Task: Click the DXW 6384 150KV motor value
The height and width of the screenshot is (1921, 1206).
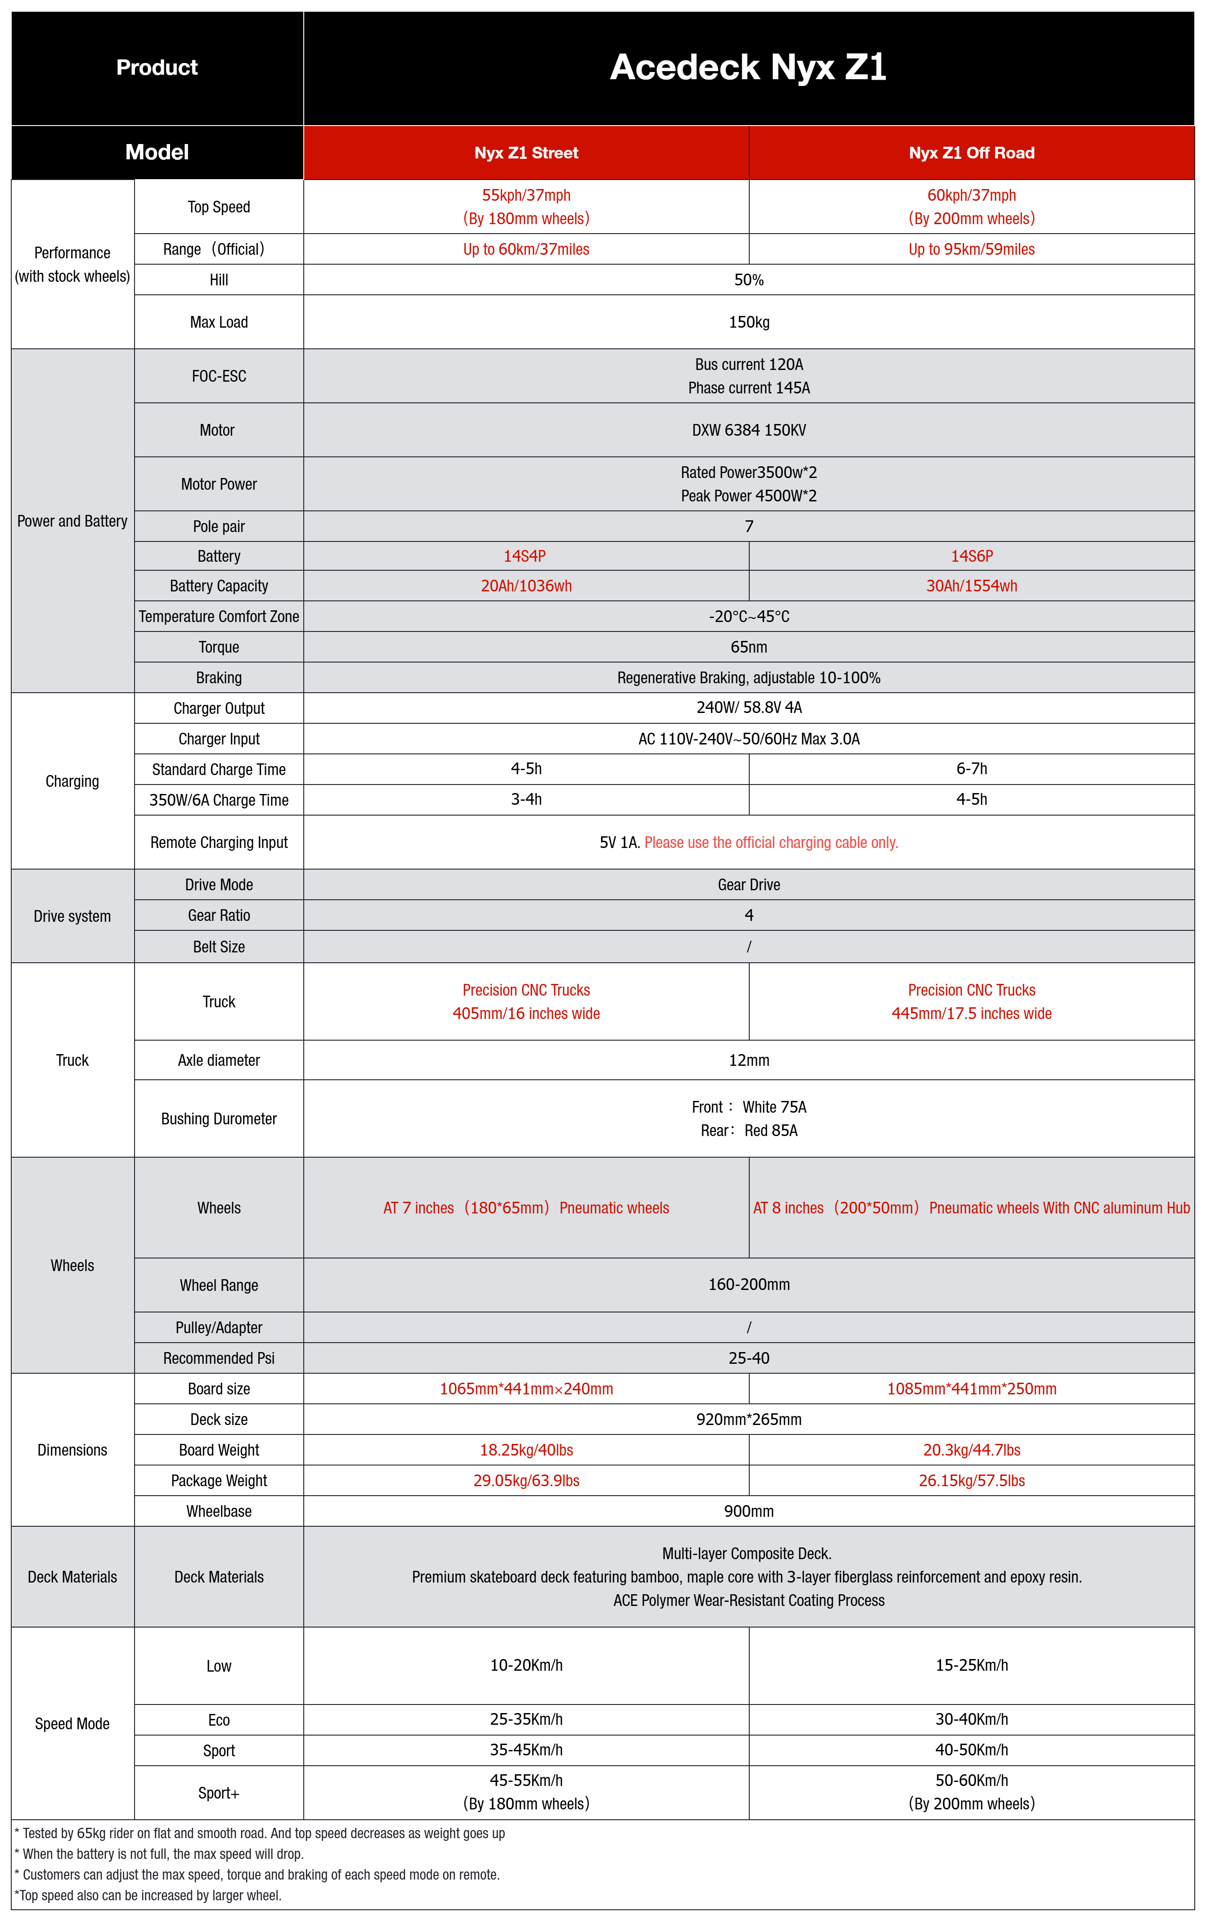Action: click(748, 430)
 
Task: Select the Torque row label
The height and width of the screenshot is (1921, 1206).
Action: click(219, 647)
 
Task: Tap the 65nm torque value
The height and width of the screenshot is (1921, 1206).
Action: click(748, 647)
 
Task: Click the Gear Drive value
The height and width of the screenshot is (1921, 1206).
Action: click(748, 885)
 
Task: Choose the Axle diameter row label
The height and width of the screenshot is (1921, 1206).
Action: click(219, 1060)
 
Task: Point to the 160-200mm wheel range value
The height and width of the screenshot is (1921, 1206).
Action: click(748, 1285)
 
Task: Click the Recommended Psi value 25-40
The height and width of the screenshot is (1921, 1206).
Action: click(748, 1358)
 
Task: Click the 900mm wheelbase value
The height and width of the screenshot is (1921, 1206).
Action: click(748, 1511)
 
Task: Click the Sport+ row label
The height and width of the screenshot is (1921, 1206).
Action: click(219, 1793)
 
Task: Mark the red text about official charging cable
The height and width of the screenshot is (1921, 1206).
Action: click(770, 843)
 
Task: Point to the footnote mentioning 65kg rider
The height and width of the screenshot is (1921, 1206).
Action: click(259, 1833)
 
